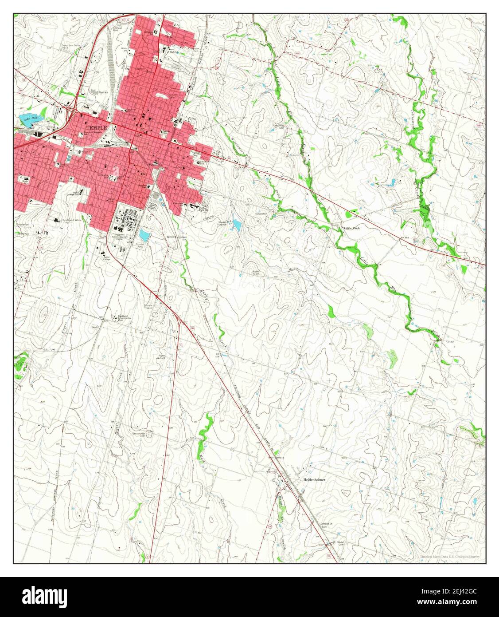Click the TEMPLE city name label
tap(94, 127)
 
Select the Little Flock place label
tap(353, 228)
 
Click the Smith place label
tap(95, 327)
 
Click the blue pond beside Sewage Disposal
tap(237, 226)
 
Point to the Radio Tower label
tap(256, 272)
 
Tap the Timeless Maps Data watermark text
tap(449, 556)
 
